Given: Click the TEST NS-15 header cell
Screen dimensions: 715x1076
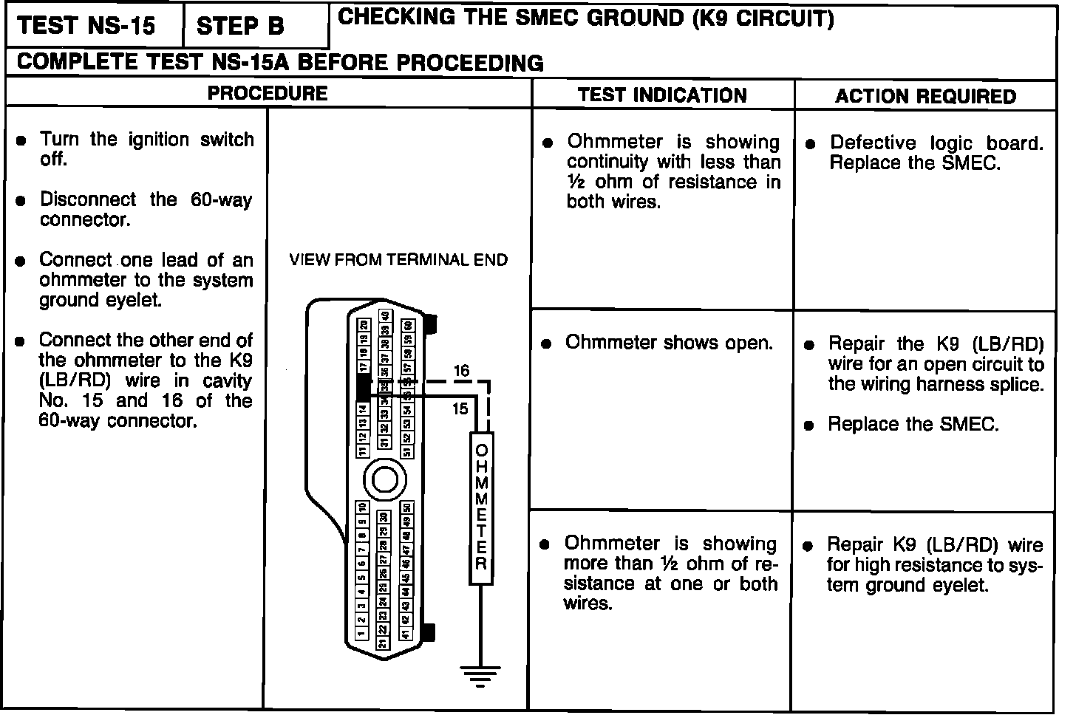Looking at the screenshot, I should [86, 26].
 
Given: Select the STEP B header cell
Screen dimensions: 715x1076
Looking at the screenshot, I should [240, 27].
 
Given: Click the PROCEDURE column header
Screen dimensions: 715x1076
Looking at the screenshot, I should [268, 93].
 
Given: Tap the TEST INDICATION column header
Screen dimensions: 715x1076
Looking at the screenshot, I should [662, 95].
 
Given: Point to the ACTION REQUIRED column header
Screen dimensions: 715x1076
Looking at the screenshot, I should [925, 96].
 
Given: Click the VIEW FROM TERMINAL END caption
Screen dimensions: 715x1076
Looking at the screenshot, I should [398, 260].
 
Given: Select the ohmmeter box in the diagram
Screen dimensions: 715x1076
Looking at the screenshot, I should [481, 508].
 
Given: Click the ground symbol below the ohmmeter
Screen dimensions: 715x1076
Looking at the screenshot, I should [480, 674].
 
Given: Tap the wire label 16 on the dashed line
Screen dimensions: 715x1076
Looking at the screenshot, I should [461, 371].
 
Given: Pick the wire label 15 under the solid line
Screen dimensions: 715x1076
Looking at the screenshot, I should [460, 408].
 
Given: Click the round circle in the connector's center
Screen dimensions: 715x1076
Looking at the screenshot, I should [386, 480].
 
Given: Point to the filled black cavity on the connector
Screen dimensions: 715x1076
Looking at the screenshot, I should [363, 386].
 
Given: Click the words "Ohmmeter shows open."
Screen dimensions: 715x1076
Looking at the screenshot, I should [669, 343].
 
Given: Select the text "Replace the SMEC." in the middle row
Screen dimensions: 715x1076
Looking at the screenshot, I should [913, 425].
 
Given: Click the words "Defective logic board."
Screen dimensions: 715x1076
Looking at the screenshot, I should [936, 143].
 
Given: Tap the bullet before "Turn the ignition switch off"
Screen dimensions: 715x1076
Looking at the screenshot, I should [23, 140].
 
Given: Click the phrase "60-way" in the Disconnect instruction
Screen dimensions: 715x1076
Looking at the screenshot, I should [221, 200].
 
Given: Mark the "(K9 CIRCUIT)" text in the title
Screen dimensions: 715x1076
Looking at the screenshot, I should [763, 18].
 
